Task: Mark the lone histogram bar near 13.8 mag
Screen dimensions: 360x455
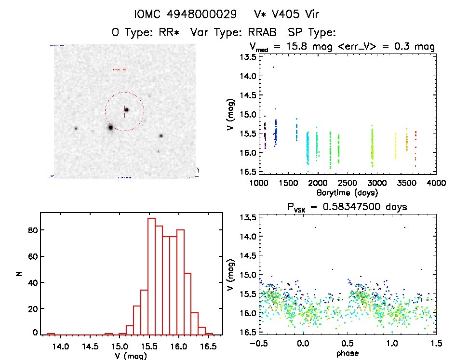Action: (x=51, y=334)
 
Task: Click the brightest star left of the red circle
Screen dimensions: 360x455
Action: (x=110, y=127)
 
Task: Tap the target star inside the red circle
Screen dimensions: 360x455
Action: (x=126, y=110)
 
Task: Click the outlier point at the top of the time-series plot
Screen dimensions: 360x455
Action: (x=274, y=67)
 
